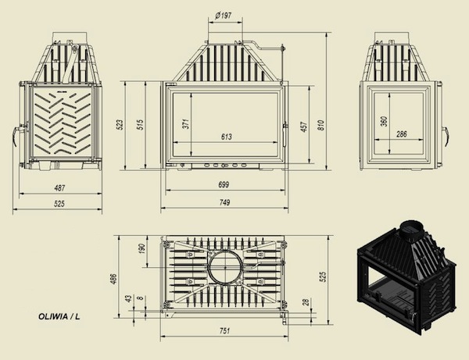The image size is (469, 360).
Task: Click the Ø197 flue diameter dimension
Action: tap(224, 16)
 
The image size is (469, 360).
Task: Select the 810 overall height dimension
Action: tap(320, 124)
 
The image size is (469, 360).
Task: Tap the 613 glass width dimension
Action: tap(227, 137)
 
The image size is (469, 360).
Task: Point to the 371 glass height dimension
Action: tap(186, 123)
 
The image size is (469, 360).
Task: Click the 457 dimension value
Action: tap(304, 127)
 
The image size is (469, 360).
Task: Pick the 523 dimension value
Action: tap(119, 125)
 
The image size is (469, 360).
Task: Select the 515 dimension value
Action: tap(140, 124)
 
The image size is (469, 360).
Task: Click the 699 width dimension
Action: tap(224, 184)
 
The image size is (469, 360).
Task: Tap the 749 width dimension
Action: tap(224, 202)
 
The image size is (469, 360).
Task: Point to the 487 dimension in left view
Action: tap(59, 188)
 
